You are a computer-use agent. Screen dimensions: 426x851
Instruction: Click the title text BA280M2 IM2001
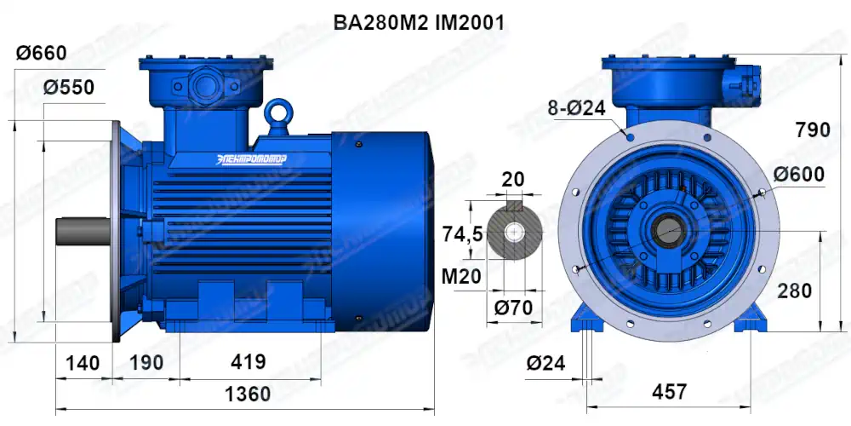coord(420,23)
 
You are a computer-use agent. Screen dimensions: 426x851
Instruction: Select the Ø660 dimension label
coord(41,53)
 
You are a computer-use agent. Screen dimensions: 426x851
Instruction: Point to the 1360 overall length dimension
coord(248,394)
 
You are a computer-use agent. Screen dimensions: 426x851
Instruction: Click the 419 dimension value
coord(248,362)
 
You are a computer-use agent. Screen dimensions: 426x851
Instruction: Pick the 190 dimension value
coord(146,362)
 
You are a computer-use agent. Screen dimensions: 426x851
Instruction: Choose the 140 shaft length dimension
coord(83,362)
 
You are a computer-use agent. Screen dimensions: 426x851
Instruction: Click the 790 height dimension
coord(812,130)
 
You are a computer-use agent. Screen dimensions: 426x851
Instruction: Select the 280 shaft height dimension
coord(795,291)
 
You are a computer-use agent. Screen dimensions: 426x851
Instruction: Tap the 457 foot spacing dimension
coord(669,391)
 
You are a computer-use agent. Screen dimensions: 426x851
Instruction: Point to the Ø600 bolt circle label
coord(799,175)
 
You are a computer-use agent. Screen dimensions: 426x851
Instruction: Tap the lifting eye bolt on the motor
coord(277,112)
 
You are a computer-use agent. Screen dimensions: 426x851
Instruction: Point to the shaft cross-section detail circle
coord(513,232)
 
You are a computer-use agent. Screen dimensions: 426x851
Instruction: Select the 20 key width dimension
coord(513,179)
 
